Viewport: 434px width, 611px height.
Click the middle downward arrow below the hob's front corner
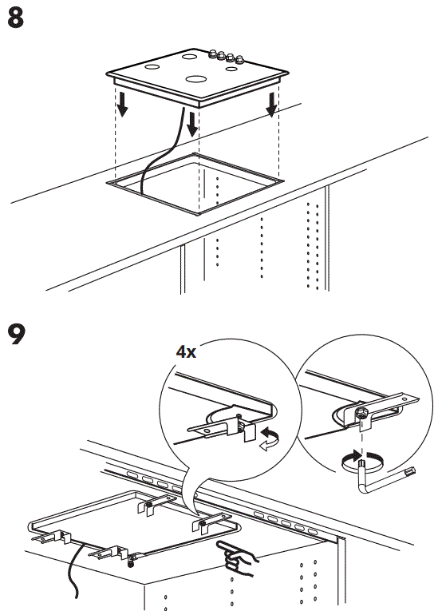tap(192, 123)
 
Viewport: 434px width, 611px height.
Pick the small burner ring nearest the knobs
tap(232, 69)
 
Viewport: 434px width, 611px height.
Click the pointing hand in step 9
tap(236, 553)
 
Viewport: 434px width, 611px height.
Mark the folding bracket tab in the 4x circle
tap(246, 432)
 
